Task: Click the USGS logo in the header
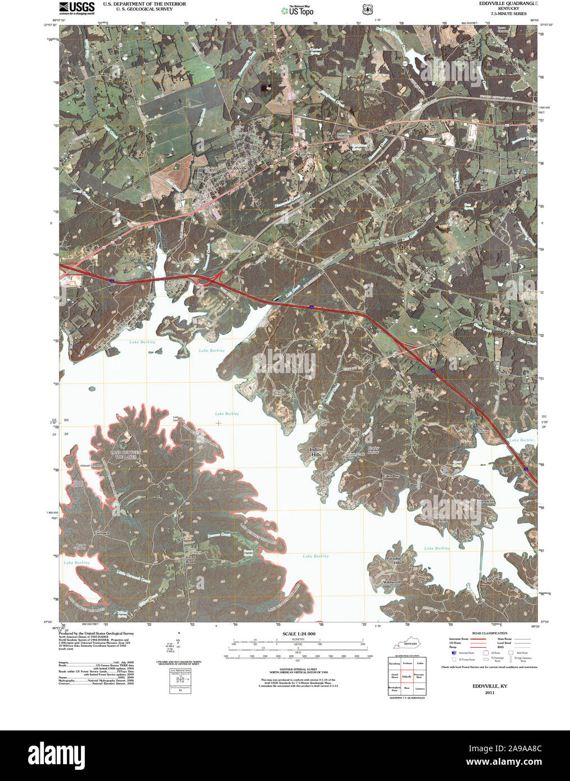76,7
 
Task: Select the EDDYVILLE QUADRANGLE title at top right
500,4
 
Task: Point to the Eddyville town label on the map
239,168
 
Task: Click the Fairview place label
305,153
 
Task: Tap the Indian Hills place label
317,452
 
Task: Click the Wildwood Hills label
391,584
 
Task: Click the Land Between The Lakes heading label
126,455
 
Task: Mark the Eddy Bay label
494,579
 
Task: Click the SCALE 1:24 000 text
298,634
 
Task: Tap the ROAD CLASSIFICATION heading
490,633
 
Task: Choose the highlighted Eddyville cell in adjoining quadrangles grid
407,677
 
